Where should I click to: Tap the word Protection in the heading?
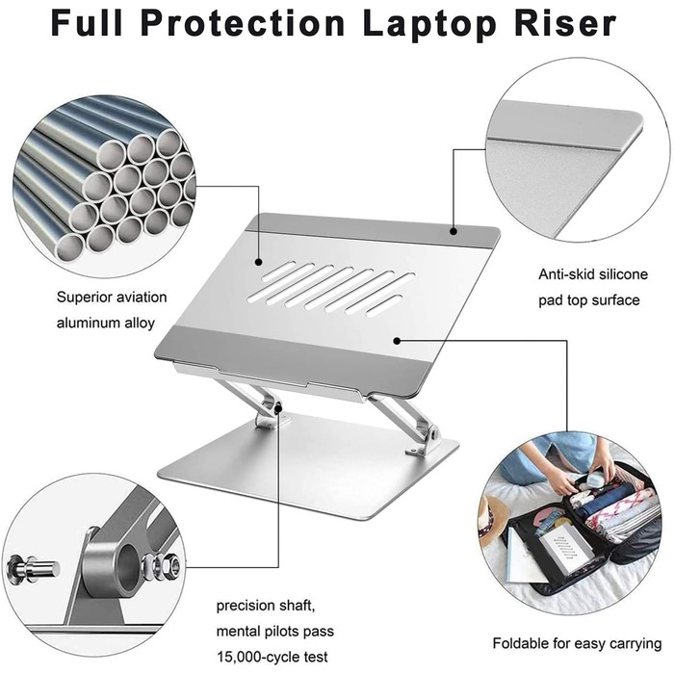pyautogui.click(x=243, y=24)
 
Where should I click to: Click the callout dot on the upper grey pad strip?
pyautogui.click(x=454, y=231)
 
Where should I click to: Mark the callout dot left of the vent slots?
pyautogui.click(x=258, y=261)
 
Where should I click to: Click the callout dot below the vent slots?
pyautogui.click(x=397, y=341)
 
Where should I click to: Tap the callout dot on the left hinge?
pyautogui.click(x=278, y=408)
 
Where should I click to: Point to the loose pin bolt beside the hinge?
pyautogui.click(x=32, y=569)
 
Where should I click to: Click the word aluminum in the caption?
pyautogui.click(x=89, y=323)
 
